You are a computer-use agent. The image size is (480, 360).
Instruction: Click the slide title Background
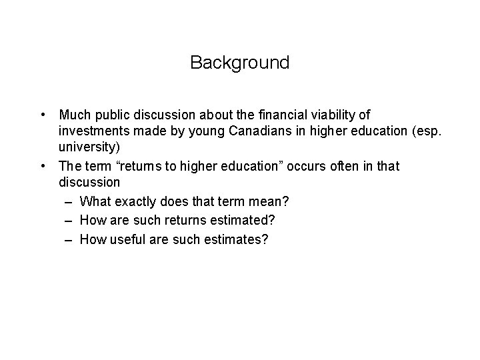pos(239,63)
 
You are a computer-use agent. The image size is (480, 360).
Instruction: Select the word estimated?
pos(229,220)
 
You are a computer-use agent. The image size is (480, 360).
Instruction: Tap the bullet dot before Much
pos(42,115)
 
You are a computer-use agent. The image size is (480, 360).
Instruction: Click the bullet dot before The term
pos(42,165)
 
